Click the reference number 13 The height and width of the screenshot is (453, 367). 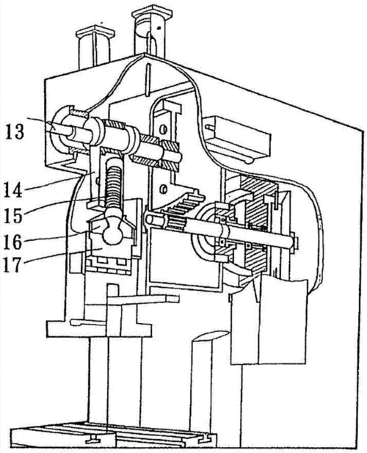(14, 131)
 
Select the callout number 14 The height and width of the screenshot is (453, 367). (12, 190)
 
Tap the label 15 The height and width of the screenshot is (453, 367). (13, 215)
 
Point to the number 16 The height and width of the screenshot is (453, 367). (13, 242)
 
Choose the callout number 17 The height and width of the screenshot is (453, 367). (13, 265)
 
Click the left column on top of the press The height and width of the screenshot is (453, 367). (95, 46)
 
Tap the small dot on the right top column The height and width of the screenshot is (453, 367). (159, 28)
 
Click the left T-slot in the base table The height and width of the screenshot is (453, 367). (93, 440)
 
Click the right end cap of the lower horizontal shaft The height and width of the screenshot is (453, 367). (294, 241)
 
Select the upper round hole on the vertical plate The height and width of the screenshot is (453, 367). (162, 129)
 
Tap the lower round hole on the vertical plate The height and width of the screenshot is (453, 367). (164, 189)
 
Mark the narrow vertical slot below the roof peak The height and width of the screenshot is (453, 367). (148, 80)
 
